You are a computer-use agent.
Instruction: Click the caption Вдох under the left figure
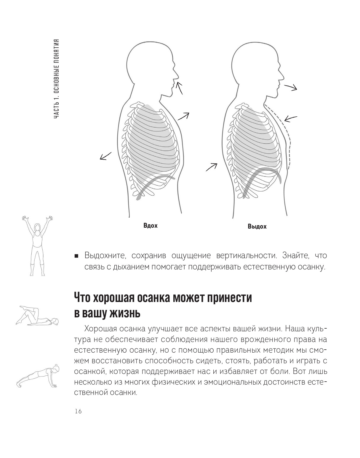(151, 226)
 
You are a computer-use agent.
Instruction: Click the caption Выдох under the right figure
(257, 226)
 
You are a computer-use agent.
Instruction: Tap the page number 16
(78, 411)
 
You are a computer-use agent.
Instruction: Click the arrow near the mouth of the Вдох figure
(179, 88)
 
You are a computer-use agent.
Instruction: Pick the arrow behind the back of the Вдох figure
(106, 156)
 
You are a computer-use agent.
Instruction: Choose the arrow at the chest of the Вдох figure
(183, 116)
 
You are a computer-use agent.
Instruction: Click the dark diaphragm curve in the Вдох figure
(154, 184)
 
